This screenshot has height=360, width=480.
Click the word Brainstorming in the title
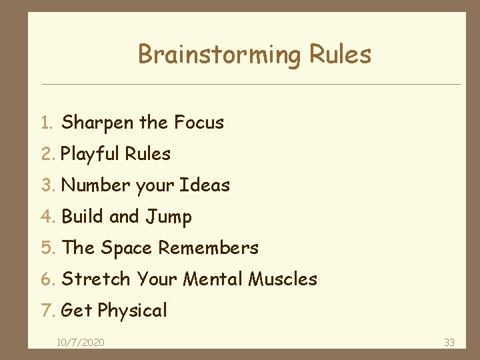pyautogui.click(x=219, y=55)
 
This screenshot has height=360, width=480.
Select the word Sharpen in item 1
pyautogui.click(x=98, y=123)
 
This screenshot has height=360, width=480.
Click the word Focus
pyautogui.click(x=199, y=123)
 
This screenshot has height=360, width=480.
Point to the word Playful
pyautogui.click(x=89, y=154)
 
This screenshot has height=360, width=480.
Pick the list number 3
pyautogui.click(x=45, y=185)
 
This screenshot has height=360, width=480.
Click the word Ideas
pyautogui.click(x=205, y=185)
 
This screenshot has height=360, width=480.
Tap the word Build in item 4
pyautogui.click(x=82, y=217)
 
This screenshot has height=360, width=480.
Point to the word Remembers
pyautogui.click(x=208, y=248)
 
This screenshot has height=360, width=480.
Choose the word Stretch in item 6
pyautogui.click(x=96, y=279)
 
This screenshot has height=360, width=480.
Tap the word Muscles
pyautogui.click(x=283, y=279)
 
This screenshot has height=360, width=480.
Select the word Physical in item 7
pyautogui.click(x=132, y=311)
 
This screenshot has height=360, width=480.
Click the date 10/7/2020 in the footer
pyautogui.click(x=80, y=342)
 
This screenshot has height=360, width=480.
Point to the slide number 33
pyautogui.click(x=449, y=342)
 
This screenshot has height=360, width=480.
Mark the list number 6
pyautogui.click(x=45, y=279)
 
